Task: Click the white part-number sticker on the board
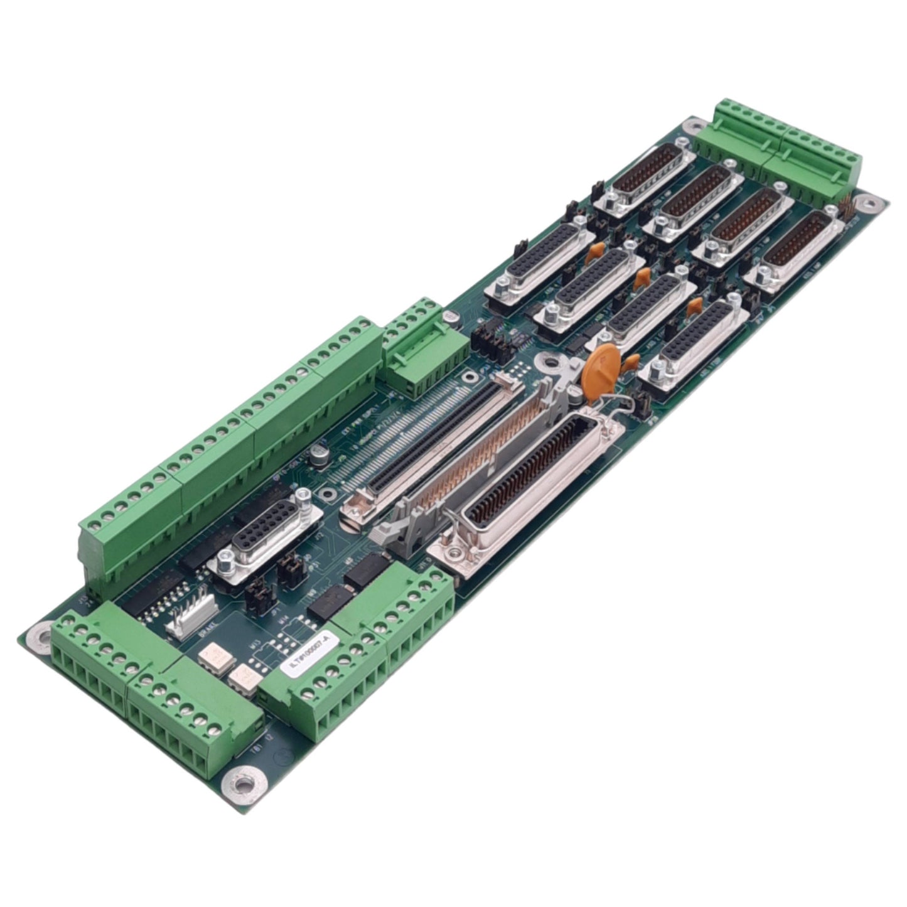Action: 311,655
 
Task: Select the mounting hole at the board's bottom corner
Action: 242,783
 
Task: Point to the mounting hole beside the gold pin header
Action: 867,203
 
